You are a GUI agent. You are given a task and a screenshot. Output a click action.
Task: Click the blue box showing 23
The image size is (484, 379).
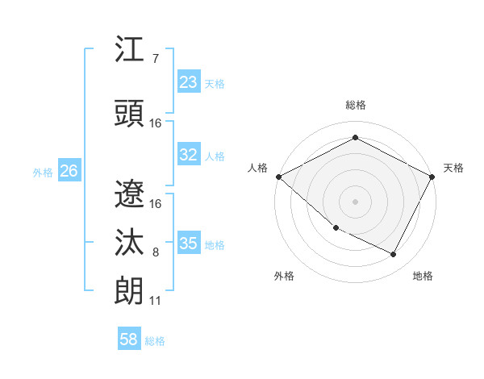tap(189, 82)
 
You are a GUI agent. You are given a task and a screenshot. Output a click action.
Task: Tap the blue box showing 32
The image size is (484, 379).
tap(189, 156)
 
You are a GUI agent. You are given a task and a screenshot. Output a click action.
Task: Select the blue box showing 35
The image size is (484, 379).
tap(189, 244)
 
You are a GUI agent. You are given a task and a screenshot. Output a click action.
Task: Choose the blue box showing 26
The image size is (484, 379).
tap(69, 171)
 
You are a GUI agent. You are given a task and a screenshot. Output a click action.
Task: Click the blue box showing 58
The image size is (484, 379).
tap(129, 339)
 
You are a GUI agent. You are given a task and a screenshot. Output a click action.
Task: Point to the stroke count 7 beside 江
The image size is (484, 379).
tap(156, 59)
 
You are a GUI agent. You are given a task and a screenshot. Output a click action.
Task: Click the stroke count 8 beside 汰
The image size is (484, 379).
tap(156, 252)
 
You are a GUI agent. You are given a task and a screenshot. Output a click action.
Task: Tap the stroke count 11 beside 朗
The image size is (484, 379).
tap(156, 301)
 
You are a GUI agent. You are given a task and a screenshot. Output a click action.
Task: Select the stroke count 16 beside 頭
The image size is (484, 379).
tap(156, 123)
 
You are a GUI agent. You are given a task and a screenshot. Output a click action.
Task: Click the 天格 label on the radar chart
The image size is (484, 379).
tap(453, 168)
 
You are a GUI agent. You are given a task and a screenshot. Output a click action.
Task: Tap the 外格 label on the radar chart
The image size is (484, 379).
tap(284, 276)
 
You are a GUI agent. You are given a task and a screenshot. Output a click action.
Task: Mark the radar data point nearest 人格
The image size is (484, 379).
tap(278, 177)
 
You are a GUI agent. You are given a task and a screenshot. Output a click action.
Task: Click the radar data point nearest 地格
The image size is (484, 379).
tap(394, 255)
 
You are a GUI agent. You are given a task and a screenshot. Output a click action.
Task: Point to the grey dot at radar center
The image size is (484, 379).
tap(355, 201)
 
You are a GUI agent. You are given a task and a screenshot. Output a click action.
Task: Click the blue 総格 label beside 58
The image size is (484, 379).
tap(155, 341)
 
